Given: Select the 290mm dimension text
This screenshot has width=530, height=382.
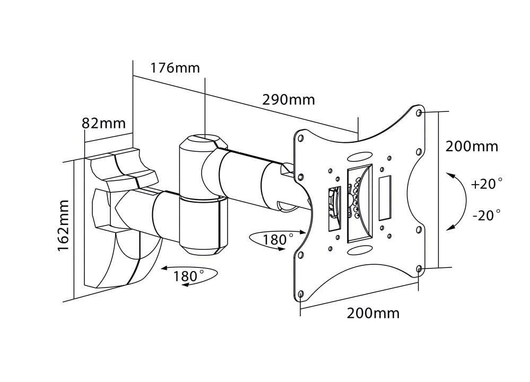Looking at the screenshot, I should click(x=288, y=100).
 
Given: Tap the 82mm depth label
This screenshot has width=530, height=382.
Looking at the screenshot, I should click(x=103, y=124).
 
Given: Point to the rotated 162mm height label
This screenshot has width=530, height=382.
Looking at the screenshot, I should click(x=63, y=225).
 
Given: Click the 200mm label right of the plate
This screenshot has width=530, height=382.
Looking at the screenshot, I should click(x=472, y=146).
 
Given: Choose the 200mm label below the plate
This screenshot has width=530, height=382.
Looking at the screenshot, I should click(x=373, y=313).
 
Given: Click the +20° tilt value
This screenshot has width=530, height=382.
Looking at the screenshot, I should click(x=486, y=184).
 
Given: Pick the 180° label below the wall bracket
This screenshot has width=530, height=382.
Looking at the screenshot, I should click(x=188, y=276).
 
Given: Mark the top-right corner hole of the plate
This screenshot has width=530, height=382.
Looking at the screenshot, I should click(x=420, y=114).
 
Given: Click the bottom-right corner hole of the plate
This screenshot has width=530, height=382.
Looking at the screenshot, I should click(x=419, y=269).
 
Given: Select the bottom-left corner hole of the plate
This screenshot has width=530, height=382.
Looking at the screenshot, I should click(x=301, y=293).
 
